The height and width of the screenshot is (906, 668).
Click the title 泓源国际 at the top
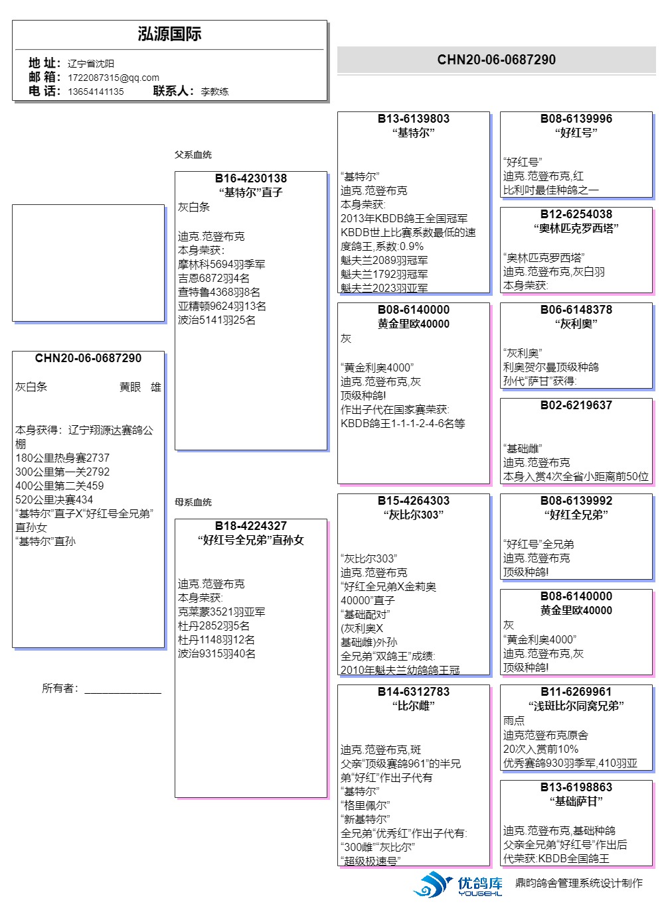pos(169,34)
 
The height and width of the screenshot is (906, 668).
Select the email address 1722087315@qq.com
pos(114,78)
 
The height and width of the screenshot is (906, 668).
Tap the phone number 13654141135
pos(96,92)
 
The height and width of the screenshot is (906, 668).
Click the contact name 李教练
pos(214,92)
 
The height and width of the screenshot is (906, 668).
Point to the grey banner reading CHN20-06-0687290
pos(496,60)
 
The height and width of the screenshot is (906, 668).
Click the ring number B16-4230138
pos(251,178)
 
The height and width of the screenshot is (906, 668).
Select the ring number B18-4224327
pos(251,526)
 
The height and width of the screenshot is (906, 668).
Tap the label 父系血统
pos(193,155)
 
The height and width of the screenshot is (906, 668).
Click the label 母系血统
pos(193,502)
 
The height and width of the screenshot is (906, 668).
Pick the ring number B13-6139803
pos(414,119)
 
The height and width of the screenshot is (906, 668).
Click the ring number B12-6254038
pos(576,214)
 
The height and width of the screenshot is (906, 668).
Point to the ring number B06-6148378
pos(576,310)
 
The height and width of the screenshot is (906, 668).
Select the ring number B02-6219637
pos(576,405)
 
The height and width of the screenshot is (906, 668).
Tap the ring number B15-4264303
pos(414,501)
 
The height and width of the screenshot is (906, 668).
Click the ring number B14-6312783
pos(414,692)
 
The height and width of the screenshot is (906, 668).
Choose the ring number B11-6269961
pos(576,692)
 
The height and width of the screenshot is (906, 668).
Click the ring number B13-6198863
pos(576,787)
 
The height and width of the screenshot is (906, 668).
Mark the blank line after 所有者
pos(123,691)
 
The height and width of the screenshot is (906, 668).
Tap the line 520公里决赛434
pos(54,499)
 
